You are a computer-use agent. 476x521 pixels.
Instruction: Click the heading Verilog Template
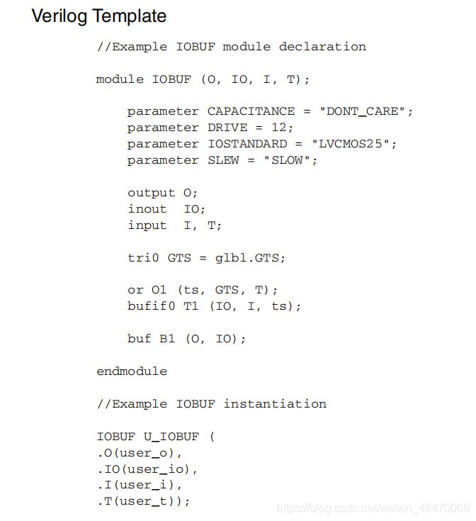pos(99,16)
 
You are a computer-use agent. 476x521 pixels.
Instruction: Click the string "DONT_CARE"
pos(365,111)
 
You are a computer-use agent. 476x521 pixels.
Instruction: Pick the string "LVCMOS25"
pos(354,144)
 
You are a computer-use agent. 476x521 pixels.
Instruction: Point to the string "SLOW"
pos(290,160)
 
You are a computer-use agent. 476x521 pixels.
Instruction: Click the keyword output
pos(151,193)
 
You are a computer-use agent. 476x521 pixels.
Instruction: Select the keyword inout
pos(147,209)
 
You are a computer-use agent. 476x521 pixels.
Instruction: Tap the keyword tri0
pos(143,258)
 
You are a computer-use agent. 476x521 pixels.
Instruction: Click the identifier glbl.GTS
pos(250,258)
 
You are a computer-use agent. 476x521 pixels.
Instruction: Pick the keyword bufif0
pos(151,306)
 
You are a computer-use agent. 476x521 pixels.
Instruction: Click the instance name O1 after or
pos(159,290)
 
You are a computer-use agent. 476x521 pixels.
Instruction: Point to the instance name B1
pos(167,339)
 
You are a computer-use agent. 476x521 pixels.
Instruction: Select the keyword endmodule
pos(132,371)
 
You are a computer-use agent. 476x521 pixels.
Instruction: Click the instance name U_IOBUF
pos(171,437)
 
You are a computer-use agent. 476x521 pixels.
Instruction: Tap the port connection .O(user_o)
pos(140,453)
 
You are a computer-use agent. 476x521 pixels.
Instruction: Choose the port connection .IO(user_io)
pos(147,469)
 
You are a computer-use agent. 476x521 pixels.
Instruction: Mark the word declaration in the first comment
pos(322,47)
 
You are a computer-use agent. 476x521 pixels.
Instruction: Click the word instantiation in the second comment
pos(275,404)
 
